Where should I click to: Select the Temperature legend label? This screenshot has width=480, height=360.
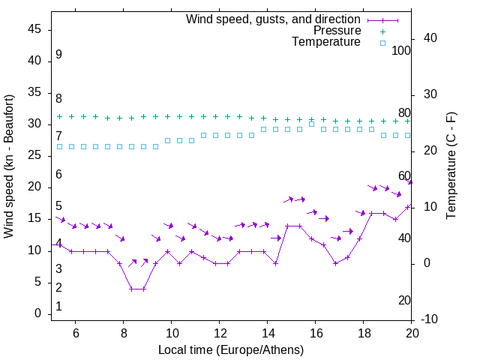click(326, 43)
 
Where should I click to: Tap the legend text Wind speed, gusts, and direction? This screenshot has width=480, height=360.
click(274, 19)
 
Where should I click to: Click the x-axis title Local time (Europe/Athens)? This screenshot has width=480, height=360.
click(231, 349)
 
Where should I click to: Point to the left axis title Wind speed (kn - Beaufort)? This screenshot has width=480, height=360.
click(9, 166)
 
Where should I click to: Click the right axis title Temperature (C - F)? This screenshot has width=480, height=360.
click(451, 166)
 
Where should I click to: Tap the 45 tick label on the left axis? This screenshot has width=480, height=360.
click(34, 30)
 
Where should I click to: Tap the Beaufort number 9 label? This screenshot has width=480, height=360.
click(58, 55)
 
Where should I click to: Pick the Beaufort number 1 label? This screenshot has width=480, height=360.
click(58, 307)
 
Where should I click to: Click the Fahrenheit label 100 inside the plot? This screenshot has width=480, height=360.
click(402, 50)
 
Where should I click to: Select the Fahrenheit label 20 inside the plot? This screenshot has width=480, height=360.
click(405, 301)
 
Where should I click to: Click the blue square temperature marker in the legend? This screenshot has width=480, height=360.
click(382, 43)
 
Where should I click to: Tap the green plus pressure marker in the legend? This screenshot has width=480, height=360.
click(382, 31)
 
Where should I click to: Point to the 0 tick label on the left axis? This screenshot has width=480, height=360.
click(37, 313)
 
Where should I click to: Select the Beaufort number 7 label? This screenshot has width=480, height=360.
click(58, 136)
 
